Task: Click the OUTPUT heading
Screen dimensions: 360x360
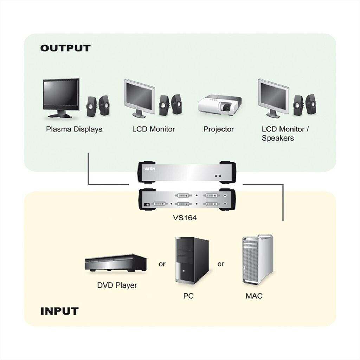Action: coord(65,48)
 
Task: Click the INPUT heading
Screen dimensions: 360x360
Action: coord(59,311)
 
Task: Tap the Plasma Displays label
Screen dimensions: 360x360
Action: coord(74,129)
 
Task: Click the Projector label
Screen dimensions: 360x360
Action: coord(218,129)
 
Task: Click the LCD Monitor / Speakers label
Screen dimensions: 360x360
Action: coord(285,134)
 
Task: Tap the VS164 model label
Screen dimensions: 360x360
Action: coord(185,218)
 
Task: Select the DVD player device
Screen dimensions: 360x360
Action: coord(116,262)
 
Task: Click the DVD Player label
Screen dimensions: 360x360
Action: coord(117,285)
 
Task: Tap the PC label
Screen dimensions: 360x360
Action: coord(188,296)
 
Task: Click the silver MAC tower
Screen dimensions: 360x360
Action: coord(257,260)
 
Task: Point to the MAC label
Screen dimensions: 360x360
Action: coord(254,296)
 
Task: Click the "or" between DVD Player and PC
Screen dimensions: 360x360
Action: coord(162,264)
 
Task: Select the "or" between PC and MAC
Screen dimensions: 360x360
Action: coord(221,264)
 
